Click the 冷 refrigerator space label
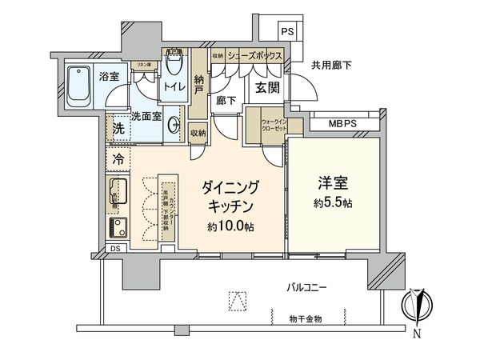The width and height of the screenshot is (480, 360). point(118,158)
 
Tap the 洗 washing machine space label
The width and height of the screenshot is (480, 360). point(118,128)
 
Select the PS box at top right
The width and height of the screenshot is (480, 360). point(287,32)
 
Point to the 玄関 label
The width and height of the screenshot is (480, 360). point(266,88)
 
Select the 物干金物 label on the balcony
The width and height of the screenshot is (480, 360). point(306,318)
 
